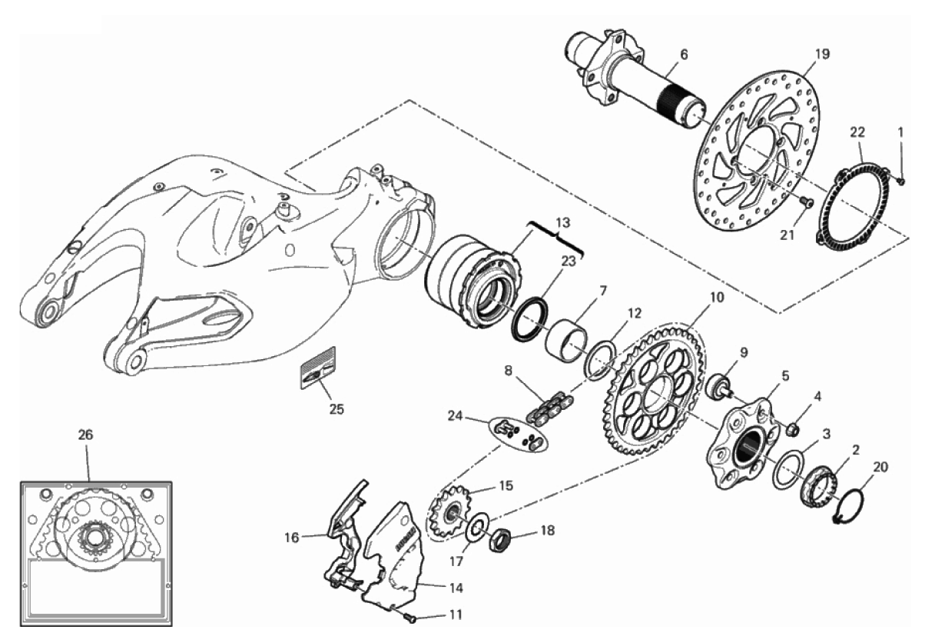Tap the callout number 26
pos(85,435)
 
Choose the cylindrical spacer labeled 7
pos(569,334)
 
